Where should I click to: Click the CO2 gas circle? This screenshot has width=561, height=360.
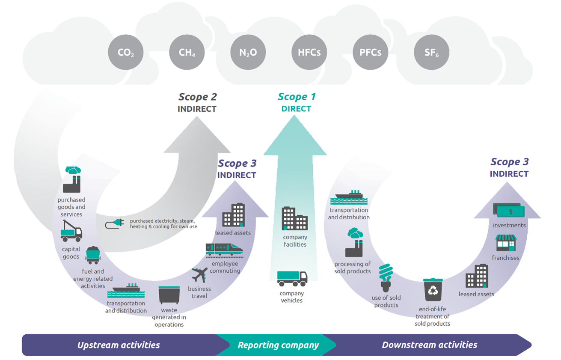(126, 53)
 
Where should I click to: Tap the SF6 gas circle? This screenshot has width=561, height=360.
(431, 53)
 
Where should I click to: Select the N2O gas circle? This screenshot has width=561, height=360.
(248, 53)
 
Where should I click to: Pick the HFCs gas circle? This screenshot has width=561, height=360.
(309, 53)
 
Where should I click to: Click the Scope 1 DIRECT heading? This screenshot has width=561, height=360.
(296, 102)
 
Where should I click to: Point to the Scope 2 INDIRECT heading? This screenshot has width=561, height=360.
(197, 102)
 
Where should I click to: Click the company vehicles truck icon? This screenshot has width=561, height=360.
(292, 278)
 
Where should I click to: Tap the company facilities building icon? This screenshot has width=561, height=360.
(294, 218)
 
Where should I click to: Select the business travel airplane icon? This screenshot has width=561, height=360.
(199, 274)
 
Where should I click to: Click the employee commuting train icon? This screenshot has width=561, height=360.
(224, 250)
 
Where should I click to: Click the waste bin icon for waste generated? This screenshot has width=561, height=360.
(169, 295)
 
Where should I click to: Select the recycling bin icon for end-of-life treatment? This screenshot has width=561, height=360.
(433, 289)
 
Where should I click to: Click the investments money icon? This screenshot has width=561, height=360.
(508, 210)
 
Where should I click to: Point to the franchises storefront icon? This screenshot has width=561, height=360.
(506, 243)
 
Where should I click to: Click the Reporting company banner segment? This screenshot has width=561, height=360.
(278, 345)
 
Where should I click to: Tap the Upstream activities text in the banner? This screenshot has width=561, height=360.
(119, 345)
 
